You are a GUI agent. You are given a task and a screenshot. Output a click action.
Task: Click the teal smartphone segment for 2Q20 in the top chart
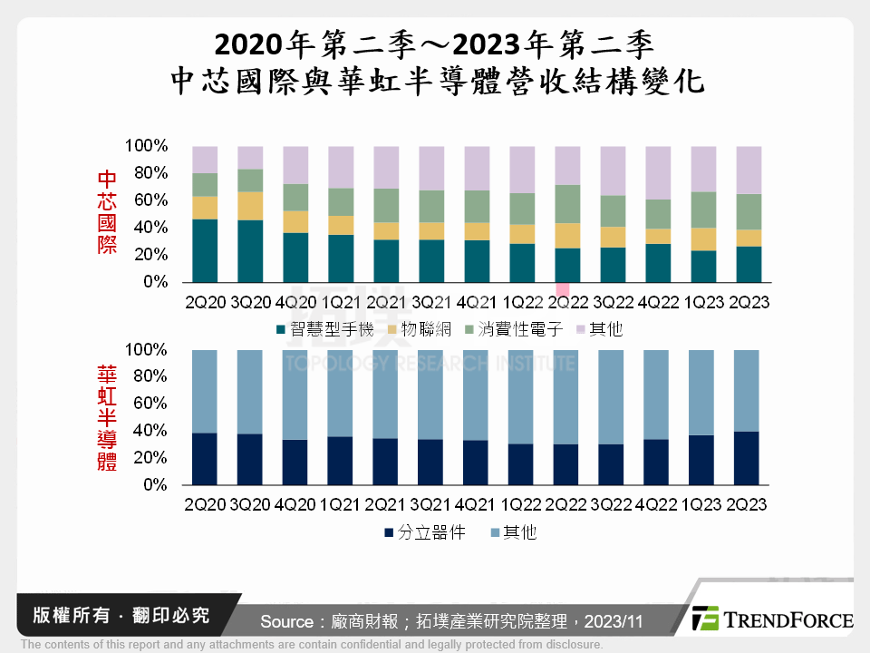(x=205, y=250)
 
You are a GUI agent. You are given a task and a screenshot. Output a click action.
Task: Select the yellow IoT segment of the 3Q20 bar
(x=250, y=206)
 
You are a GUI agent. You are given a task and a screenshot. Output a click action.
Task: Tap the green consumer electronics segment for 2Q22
(x=567, y=204)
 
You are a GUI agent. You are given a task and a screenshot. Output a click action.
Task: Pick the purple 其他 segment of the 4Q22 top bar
(x=658, y=172)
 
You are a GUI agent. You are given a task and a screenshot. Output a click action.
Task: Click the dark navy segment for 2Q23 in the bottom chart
(x=748, y=458)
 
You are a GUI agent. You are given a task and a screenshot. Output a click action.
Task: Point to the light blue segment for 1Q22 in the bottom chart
(x=521, y=396)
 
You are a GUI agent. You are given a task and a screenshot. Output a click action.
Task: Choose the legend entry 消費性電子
(x=513, y=329)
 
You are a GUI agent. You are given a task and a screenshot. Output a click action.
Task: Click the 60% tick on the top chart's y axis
(x=146, y=200)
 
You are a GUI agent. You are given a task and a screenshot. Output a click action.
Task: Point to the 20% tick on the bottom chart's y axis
(x=146, y=458)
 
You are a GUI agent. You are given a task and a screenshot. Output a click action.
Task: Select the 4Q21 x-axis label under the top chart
(x=477, y=300)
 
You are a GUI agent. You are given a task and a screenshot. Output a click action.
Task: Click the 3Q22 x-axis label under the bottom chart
(x=613, y=503)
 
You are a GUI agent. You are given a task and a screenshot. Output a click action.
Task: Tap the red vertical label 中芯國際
(x=107, y=212)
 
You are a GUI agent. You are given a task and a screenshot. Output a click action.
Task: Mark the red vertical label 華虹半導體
(x=107, y=417)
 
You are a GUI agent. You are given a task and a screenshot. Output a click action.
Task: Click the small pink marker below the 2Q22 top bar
(x=563, y=290)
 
